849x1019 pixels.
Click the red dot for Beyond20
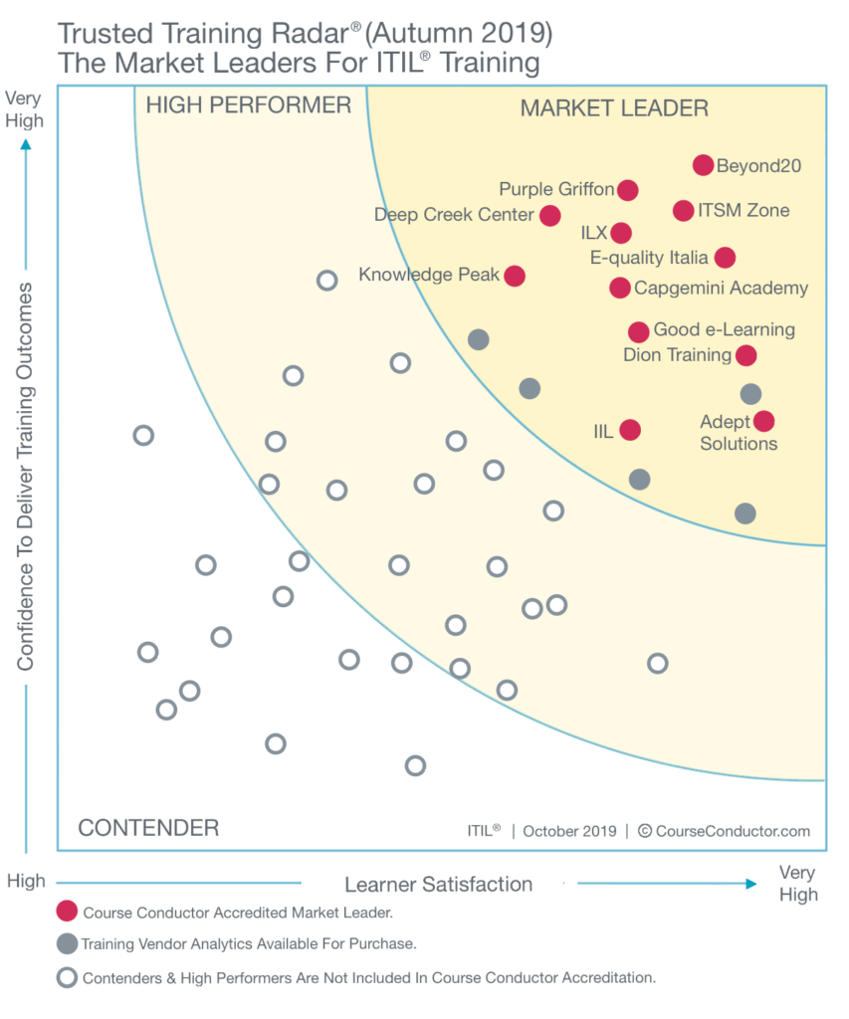(x=703, y=165)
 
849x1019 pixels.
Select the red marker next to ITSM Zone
(x=683, y=211)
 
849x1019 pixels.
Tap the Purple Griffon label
(x=556, y=189)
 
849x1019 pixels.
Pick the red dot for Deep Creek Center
(x=549, y=215)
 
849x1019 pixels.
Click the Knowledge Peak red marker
(x=515, y=276)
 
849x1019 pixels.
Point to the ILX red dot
(x=621, y=233)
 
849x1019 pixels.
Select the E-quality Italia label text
(x=649, y=258)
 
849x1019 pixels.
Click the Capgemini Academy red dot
(x=619, y=289)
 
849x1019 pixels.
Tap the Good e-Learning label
(x=724, y=330)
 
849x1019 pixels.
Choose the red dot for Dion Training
(x=745, y=355)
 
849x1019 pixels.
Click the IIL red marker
(x=630, y=430)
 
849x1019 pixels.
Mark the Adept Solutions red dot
(x=763, y=422)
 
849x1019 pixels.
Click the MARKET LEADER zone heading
(x=614, y=108)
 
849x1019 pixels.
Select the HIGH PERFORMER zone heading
(x=249, y=104)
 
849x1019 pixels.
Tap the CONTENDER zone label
(x=148, y=828)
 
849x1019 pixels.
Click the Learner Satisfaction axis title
(x=438, y=884)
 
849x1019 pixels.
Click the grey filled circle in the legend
(x=67, y=943)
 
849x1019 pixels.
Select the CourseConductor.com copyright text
(x=724, y=831)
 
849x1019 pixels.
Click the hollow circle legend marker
(x=67, y=977)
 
